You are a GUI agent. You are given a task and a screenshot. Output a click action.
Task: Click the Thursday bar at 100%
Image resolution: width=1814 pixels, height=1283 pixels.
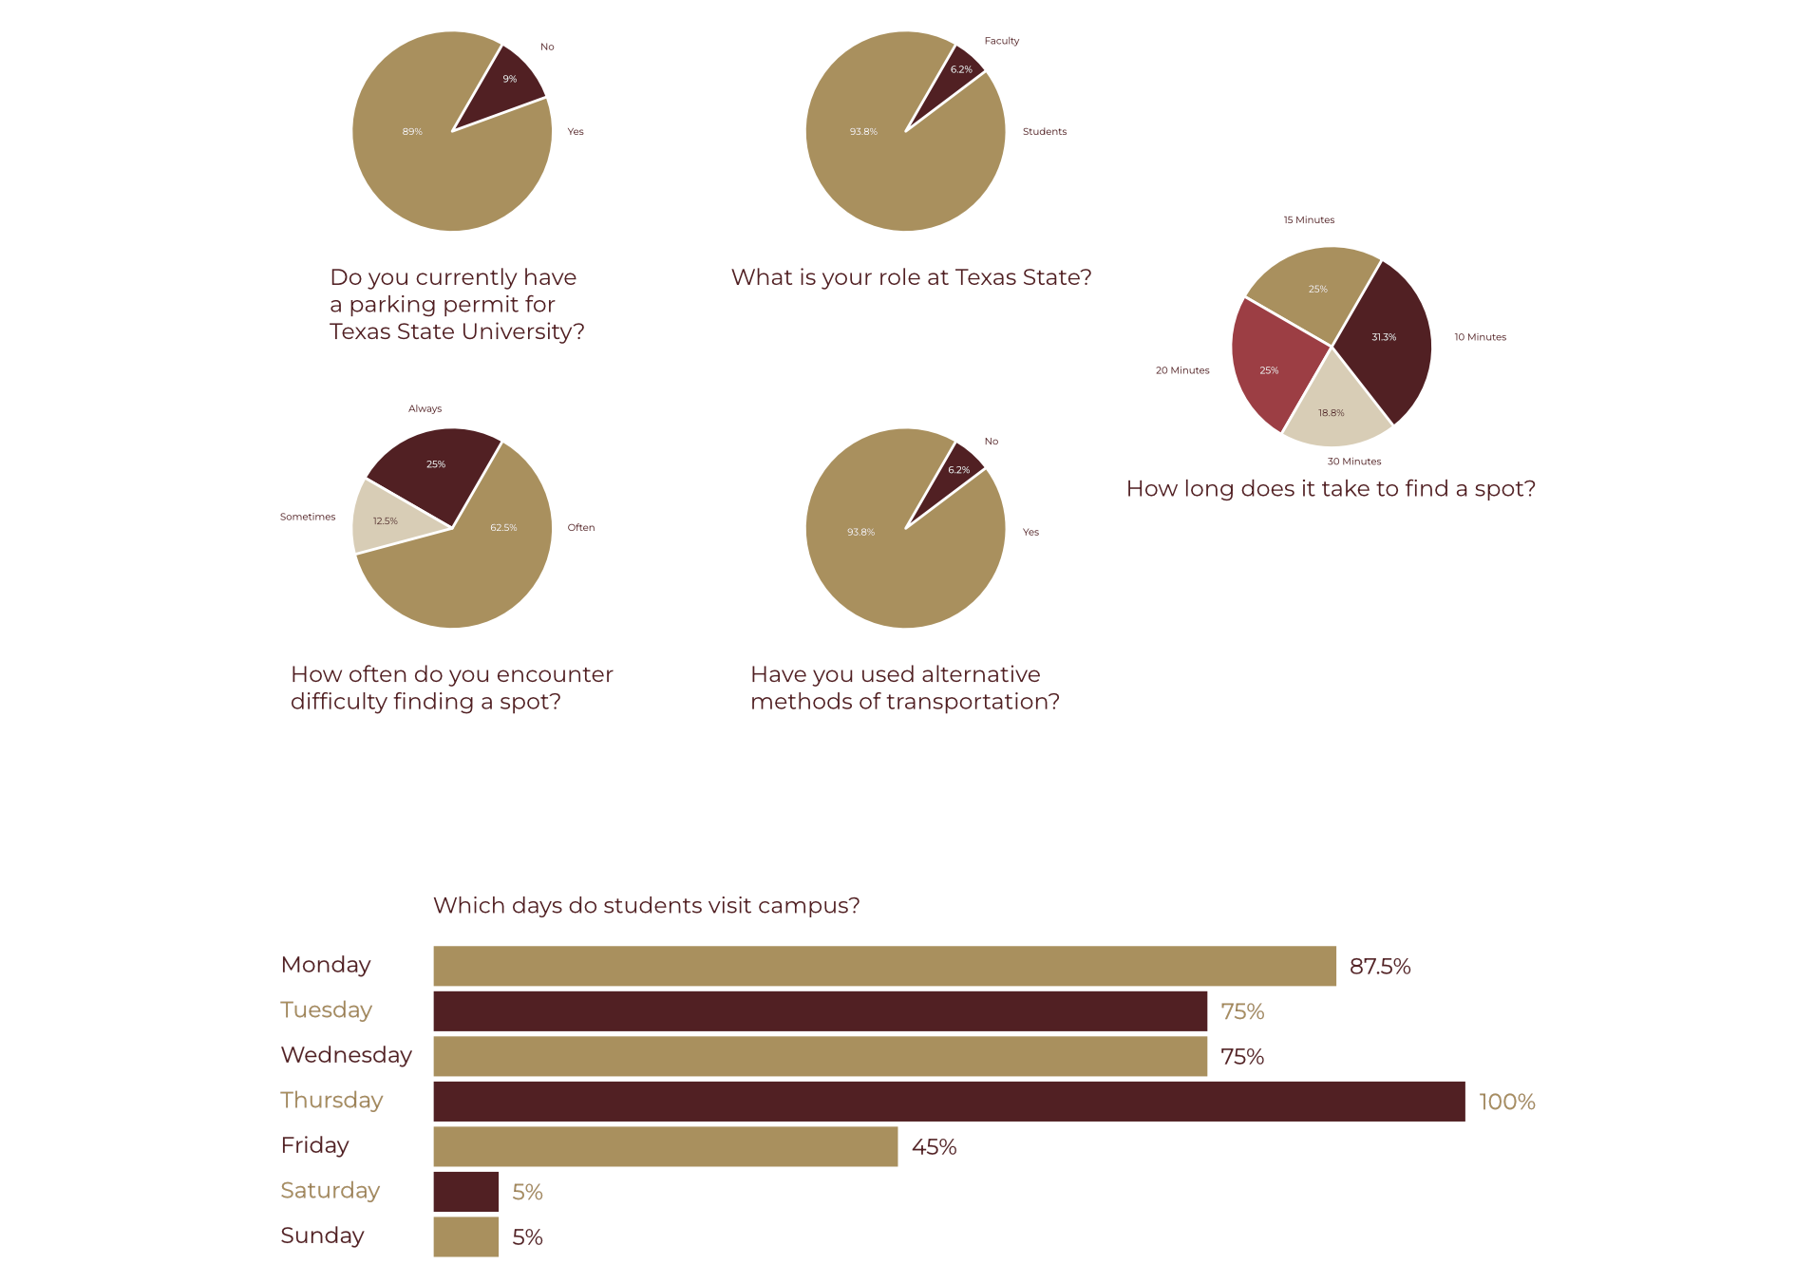point(948,1101)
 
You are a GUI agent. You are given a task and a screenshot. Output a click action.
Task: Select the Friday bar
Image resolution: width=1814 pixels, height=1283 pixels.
point(665,1146)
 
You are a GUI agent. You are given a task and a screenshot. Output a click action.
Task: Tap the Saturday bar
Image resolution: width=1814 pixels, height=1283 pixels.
point(465,1191)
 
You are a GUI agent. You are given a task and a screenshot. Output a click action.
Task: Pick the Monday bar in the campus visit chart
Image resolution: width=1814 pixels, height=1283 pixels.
point(883,966)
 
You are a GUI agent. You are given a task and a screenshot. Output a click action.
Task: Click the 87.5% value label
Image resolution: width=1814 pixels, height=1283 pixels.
point(1379,967)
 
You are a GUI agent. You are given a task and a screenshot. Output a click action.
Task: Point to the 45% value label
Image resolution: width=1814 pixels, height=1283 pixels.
point(934,1147)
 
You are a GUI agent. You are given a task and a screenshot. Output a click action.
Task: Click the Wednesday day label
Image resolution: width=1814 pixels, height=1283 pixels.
point(346,1055)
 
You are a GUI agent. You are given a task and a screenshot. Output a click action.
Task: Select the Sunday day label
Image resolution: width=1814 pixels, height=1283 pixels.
point(322,1236)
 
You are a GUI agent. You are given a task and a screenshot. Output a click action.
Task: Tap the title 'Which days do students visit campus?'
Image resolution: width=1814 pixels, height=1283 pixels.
point(646,905)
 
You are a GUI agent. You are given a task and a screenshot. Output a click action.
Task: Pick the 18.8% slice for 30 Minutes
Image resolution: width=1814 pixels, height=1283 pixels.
point(1333,408)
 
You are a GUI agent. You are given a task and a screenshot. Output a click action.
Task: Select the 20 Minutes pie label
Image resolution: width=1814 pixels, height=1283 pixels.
point(1181,370)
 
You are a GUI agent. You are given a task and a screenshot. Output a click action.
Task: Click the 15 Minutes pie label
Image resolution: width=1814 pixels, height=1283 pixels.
point(1309,220)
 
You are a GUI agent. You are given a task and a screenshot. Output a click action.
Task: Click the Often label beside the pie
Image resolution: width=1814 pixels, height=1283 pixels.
point(580,527)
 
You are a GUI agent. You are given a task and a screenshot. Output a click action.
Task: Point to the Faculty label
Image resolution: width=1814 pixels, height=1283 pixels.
point(1001,41)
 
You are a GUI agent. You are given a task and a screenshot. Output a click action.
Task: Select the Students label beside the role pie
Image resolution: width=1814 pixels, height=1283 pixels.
point(1044,132)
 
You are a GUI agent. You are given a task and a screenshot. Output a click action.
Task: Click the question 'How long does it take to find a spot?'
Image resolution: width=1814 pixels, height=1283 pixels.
point(1331,488)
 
